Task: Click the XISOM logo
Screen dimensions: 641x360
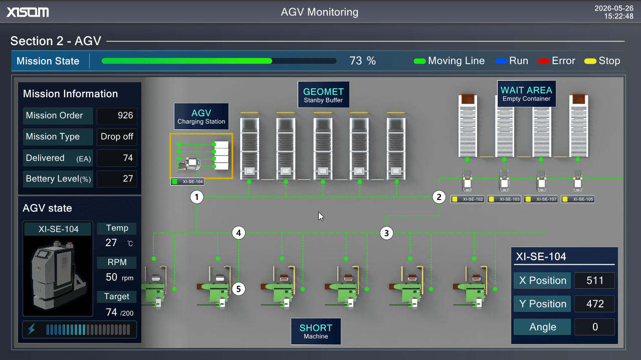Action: [x=28, y=12]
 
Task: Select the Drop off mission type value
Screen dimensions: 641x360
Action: [x=117, y=136]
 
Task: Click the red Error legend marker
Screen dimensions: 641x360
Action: [x=544, y=61]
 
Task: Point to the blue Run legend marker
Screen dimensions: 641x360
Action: [x=501, y=61]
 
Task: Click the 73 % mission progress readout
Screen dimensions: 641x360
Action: [x=362, y=61]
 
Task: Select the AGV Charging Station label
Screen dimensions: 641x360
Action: [x=201, y=116]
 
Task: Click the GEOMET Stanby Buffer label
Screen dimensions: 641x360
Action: [x=323, y=95]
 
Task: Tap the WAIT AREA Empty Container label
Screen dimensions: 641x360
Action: [x=527, y=94]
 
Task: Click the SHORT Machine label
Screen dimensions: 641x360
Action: [x=316, y=331]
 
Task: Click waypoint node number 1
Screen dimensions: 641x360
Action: [x=196, y=197]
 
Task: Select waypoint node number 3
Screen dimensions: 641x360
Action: [x=386, y=233]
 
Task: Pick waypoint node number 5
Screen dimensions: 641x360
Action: [x=239, y=289]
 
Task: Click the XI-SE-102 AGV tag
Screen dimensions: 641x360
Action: [x=468, y=199]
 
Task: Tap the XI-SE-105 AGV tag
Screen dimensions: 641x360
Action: [x=578, y=199]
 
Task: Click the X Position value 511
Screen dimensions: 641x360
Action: [x=595, y=280]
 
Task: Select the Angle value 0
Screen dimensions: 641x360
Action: [x=595, y=327]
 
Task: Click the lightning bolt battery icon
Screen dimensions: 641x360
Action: [x=32, y=329]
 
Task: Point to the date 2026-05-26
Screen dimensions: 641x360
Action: [x=614, y=9]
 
